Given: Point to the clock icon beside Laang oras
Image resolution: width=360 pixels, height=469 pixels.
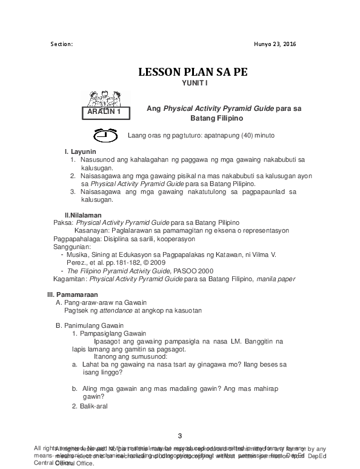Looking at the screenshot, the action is (105, 135).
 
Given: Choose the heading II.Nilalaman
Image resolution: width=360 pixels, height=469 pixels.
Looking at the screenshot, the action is (83, 215).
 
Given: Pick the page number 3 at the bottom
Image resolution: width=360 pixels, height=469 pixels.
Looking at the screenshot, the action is (180, 436).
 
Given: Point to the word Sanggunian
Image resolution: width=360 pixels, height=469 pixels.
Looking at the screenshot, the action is (72, 247).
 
